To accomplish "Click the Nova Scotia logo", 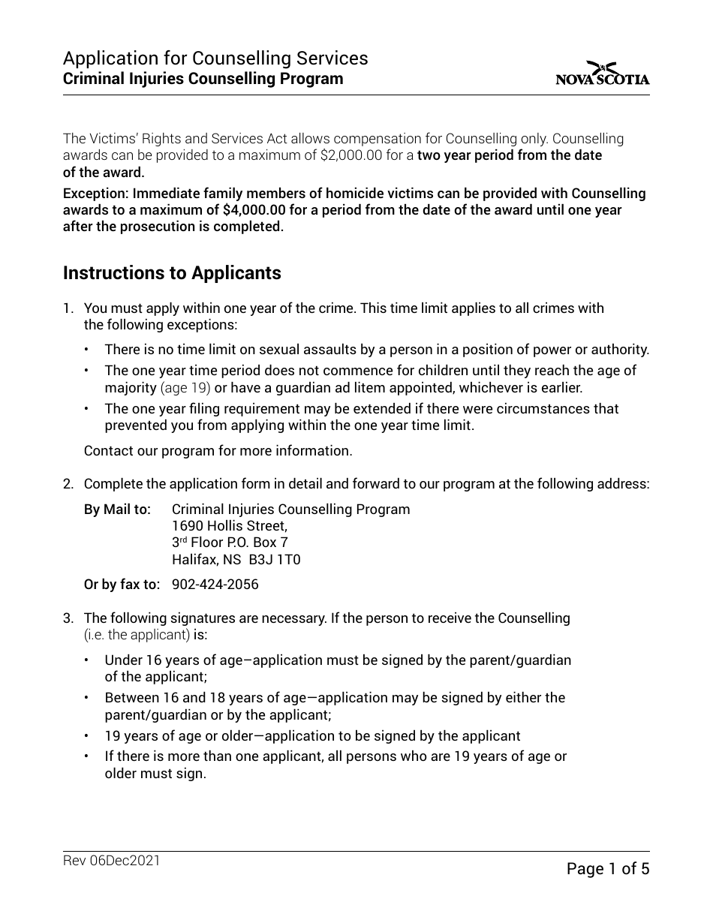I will click(x=603, y=74).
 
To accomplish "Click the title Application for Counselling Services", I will click(x=215, y=59).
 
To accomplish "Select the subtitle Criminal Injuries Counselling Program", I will click(x=203, y=79).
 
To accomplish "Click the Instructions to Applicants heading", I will click(x=172, y=273).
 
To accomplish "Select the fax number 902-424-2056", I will click(x=215, y=584).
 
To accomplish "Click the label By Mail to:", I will click(x=117, y=510).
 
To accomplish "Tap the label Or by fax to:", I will click(x=122, y=584).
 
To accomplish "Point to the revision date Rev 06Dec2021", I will click(x=112, y=861).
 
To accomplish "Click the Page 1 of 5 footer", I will click(x=607, y=869).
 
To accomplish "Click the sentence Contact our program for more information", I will click(x=218, y=451).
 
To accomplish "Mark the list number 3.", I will click(x=68, y=618).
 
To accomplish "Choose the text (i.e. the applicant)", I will click(x=137, y=635).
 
